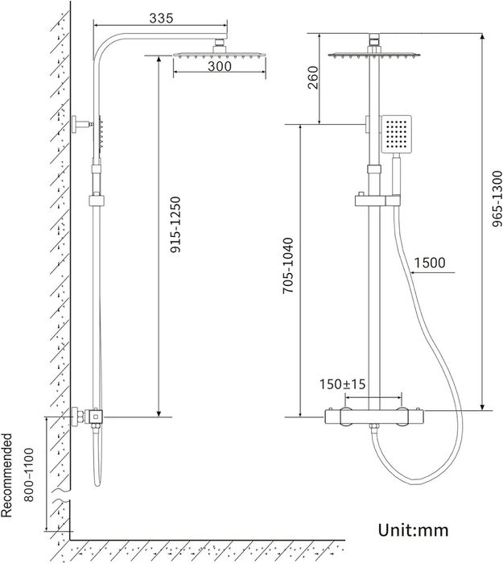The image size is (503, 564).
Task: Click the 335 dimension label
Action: (x=161, y=18)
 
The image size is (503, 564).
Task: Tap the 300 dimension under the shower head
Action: (x=220, y=66)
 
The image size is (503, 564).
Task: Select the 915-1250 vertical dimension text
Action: (x=175, y=225)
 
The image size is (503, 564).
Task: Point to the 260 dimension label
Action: (x=313, y=77)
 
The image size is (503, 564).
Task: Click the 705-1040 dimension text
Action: (x=288, y=266)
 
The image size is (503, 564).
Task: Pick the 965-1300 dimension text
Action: (x=497, y=199)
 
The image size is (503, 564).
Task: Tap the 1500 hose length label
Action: (x=430, y=263)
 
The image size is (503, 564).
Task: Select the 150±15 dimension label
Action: (x=342, y=384)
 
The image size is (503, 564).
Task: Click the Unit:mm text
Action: (x=413, y=530)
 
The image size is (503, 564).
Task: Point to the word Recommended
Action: (x=6, y=475)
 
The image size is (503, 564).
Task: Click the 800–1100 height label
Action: (x=29, y=475)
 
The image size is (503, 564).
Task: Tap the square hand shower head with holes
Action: (x=396, y=134)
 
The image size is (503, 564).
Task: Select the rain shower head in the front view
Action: (x=374, y=55)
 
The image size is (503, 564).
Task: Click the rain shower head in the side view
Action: (x=220, y=55)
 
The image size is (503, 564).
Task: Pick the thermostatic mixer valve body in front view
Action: (x=374, y=417)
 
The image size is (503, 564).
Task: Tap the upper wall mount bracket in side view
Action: (x=80, y=124)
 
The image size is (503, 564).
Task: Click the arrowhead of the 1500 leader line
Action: (x=413, y=272)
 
